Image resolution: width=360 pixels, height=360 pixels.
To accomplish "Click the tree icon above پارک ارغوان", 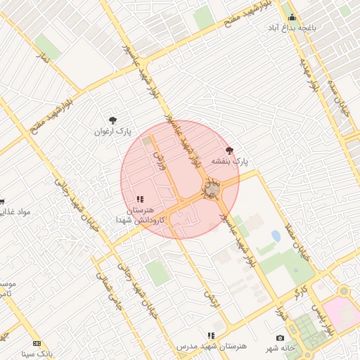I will [x=112, y=120].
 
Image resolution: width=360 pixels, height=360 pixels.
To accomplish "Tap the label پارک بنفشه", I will [x=232, y=161].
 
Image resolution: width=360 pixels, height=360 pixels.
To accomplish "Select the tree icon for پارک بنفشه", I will [x=229, y=150].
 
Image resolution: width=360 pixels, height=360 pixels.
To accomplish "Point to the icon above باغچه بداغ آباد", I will [x=292, y=18].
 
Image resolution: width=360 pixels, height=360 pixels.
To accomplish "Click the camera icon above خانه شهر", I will [x=281, y=338].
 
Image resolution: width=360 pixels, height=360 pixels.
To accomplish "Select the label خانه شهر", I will [x=279, y=349].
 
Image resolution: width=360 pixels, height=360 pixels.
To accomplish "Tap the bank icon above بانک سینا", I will [x=37, y=343].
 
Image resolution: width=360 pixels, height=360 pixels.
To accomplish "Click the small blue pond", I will [x=276, y=236].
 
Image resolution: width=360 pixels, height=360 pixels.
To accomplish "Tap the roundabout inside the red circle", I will [x=212, y=189].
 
